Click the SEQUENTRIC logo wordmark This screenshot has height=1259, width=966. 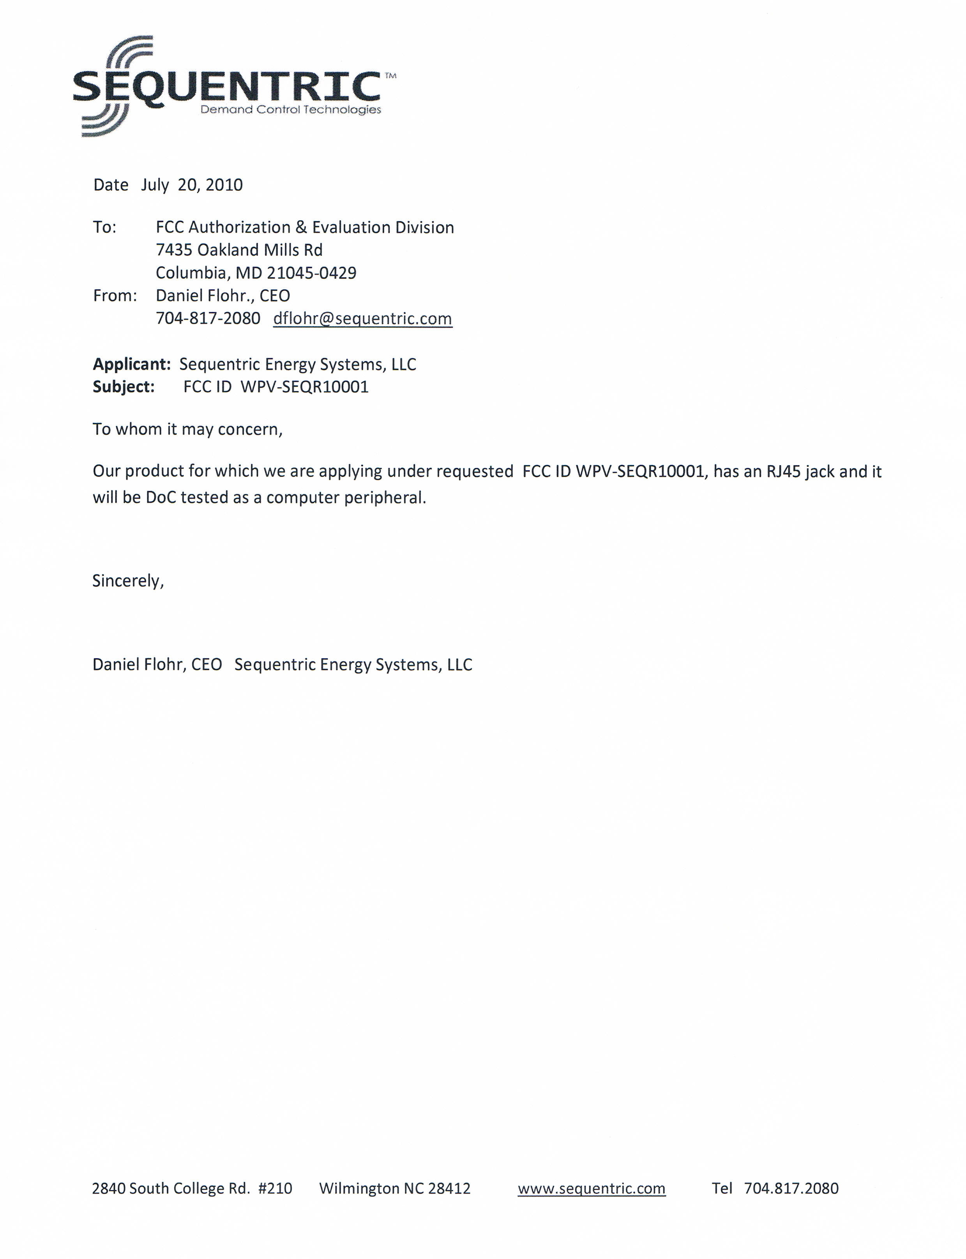[x=227, y=87]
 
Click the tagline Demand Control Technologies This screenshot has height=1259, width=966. [x=290, y=109]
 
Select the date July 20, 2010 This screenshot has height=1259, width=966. [x=192, y=185]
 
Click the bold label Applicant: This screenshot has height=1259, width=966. [x=132, y=364]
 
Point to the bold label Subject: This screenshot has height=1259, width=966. [x=124, y=387]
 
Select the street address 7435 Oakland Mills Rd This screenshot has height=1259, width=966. [x=239, y=250]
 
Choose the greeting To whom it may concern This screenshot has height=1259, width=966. [x=187, y=429]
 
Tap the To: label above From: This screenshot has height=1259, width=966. [x=105, y=227]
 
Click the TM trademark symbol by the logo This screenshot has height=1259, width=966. [x=390, y=75]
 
